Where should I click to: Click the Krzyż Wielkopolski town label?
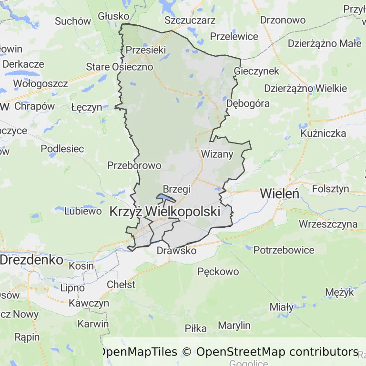pos(165,211)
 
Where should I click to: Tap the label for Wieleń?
pos(279,193)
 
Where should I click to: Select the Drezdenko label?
pos(31,260)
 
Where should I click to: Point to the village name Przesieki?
pos(146,50)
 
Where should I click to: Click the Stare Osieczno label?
pos(120,67)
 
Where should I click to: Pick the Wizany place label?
pos(217,154)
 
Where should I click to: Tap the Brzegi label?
pos(176,189)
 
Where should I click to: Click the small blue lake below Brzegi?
pos(165,198)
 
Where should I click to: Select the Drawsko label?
pos(176,250)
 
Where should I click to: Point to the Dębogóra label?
pos(248,103)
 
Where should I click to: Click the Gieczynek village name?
pos(257,71)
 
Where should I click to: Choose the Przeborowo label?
pos(134,165)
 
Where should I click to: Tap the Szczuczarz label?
pos(190,20)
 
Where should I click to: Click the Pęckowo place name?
pos(218,272)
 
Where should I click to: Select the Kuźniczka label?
pos(324,133)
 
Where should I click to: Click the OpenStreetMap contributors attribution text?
pos(277,352)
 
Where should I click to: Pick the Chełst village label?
pos(121,285)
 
